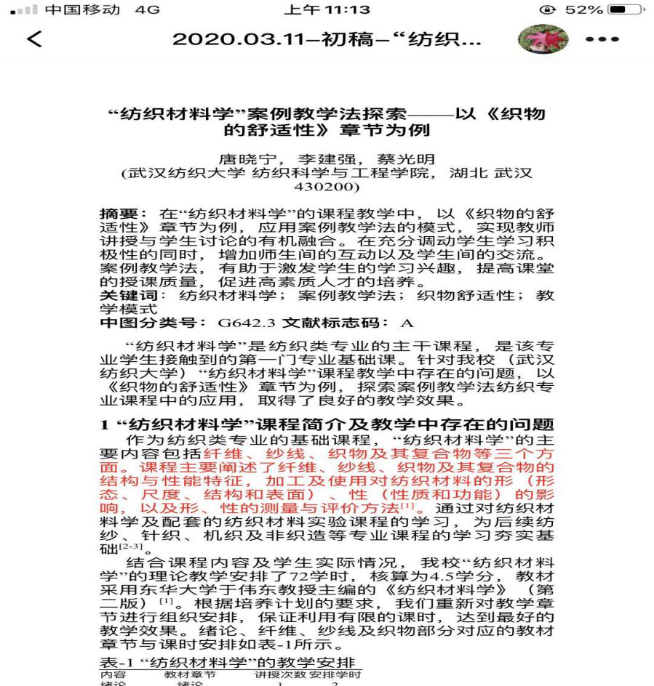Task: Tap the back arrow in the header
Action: [34, 39]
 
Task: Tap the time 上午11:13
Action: [328, 10]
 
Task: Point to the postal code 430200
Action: [327, 187]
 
